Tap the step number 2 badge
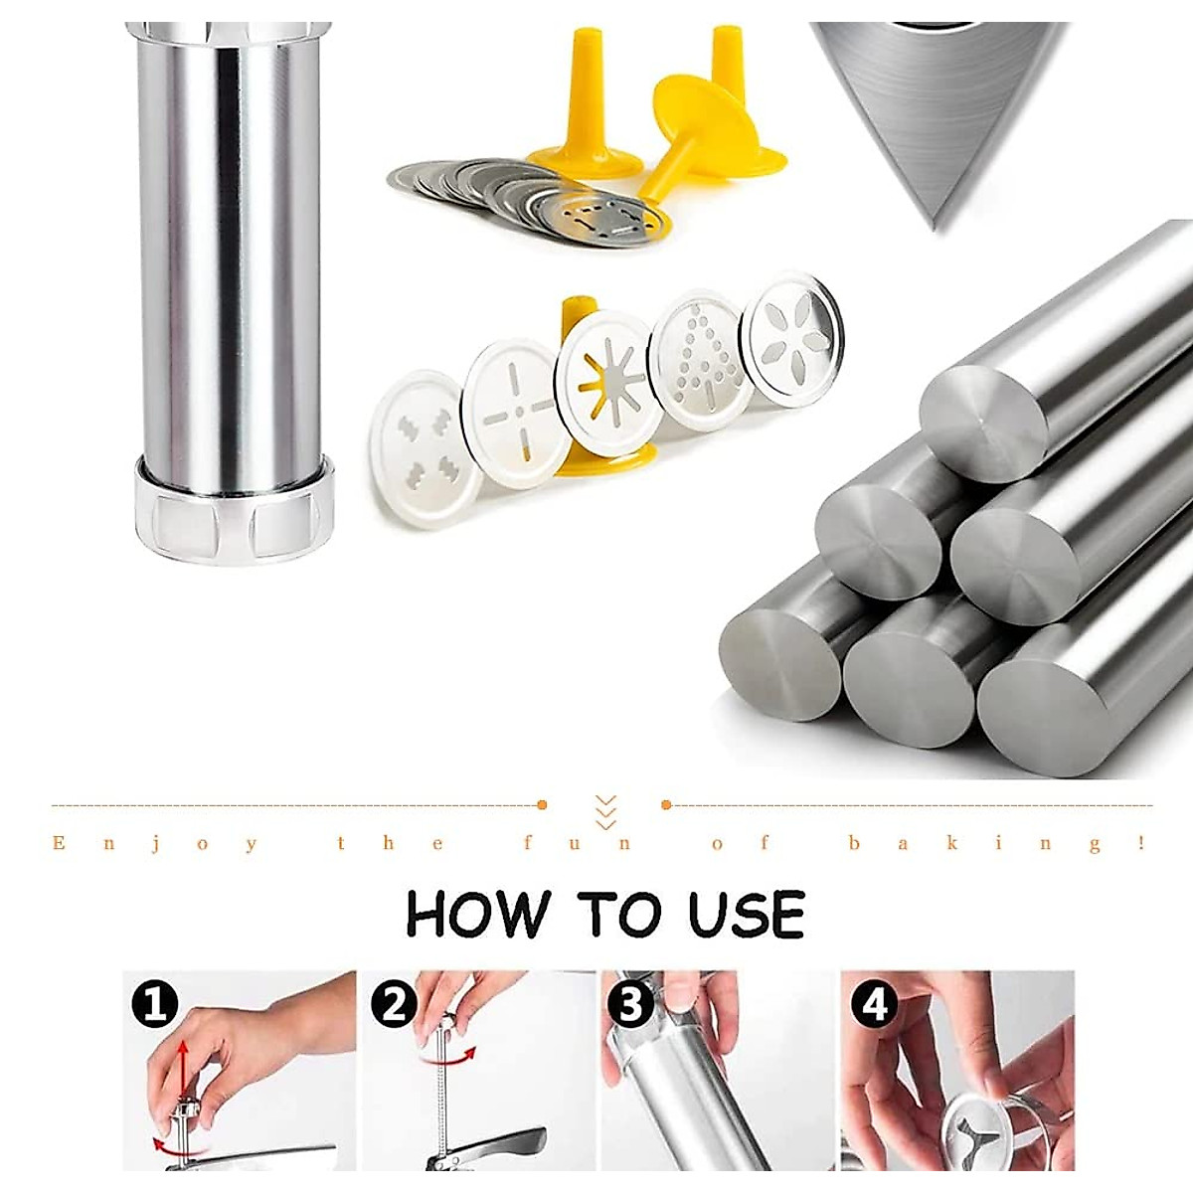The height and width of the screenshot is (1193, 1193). click(393, 1005)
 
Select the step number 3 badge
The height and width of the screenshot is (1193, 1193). click(630, 1005)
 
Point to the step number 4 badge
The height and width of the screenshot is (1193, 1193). click(874, 1005)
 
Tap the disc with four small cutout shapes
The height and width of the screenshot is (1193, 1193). click(425, 448)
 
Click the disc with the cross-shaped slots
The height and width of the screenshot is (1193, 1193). click(516, 414)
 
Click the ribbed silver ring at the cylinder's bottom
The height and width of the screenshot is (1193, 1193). click(234, 510)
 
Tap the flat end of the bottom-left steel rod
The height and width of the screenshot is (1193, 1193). click(780, 664)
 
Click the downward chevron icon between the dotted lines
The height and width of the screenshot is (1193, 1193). click(605, 811)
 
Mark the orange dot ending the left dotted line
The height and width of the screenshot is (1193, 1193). click(542, 804)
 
